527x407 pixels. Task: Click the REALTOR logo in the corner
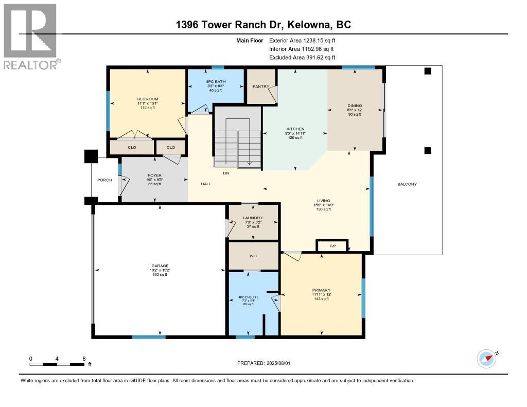pos(30,36)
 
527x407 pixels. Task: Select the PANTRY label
pos(261,86)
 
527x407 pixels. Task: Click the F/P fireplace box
pos(332,246)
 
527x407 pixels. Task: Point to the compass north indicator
pos(486,359)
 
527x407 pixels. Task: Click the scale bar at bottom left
pos(57,364)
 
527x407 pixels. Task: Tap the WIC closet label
pos(253,256)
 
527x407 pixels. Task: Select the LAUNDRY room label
pos(253,218)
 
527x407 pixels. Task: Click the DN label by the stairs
pos(225,173)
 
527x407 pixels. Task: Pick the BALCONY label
pos(407,184)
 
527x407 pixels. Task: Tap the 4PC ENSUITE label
pos(249,297)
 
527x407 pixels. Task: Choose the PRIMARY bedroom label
pos(321,290)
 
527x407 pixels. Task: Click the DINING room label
pos(355,106)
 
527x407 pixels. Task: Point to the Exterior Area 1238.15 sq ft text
pos(302,40)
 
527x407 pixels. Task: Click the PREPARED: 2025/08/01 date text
pos(263,363)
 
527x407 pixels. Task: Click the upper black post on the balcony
pos(427,72)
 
